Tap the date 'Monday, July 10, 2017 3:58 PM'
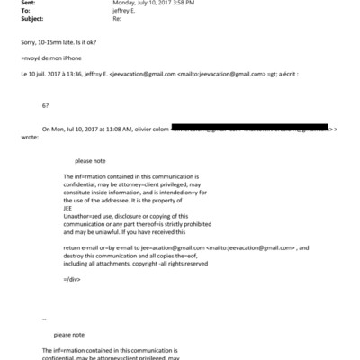tap(148, 3)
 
